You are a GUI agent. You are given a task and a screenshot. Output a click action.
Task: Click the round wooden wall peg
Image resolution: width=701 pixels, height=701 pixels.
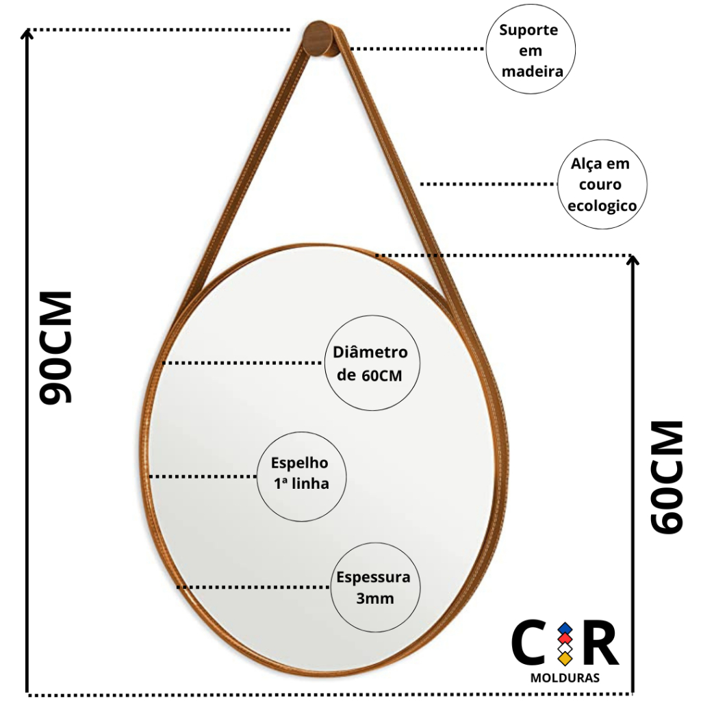tap(321, 39)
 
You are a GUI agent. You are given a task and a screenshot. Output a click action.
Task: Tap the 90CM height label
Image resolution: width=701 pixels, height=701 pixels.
tap(56, 348)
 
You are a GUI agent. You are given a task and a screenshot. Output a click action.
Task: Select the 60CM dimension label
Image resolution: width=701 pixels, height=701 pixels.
tap(667, 476)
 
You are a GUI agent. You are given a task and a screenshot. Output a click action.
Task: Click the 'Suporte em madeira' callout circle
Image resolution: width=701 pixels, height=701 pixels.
tap(531, 49)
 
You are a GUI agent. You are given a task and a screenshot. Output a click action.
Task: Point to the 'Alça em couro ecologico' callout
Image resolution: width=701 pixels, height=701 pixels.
tap(602, 184)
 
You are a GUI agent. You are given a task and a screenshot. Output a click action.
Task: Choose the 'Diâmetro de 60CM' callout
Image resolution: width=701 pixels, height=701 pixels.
tap(372, 363)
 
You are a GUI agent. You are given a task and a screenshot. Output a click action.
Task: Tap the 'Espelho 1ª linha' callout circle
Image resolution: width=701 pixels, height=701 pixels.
tap(301, 476)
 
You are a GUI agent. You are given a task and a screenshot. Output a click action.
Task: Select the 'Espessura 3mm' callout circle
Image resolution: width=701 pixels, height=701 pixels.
tap(375, 587)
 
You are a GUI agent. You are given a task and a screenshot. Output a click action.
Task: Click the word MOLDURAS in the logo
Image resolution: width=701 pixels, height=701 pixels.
tap(565, 678)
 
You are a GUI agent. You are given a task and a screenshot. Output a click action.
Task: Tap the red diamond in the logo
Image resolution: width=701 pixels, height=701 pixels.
tap(565, 639)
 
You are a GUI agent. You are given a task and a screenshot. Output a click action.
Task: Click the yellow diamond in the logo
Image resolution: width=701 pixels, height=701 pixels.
tap(565, 658)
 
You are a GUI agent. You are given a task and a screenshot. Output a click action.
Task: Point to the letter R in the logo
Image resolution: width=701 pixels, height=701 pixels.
tap(601, 642)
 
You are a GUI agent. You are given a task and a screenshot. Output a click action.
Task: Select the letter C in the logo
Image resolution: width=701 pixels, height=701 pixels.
tap(528, 642)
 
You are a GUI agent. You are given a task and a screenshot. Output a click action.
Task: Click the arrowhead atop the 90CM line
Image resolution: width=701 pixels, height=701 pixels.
tap(27, 34)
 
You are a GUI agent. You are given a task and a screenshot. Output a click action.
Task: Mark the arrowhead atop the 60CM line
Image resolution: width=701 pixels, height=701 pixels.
tap(632, 259)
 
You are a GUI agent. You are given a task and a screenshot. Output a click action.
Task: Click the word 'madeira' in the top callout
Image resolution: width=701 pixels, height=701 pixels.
tap(532, 71)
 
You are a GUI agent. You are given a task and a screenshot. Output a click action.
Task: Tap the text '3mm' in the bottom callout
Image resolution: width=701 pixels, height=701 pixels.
tap(375, 598)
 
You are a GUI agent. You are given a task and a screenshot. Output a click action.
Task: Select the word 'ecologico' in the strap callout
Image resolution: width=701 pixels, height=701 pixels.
tap(602, 205)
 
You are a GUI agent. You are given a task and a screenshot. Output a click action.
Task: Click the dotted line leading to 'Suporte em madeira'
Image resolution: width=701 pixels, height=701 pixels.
tap(418, 49)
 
